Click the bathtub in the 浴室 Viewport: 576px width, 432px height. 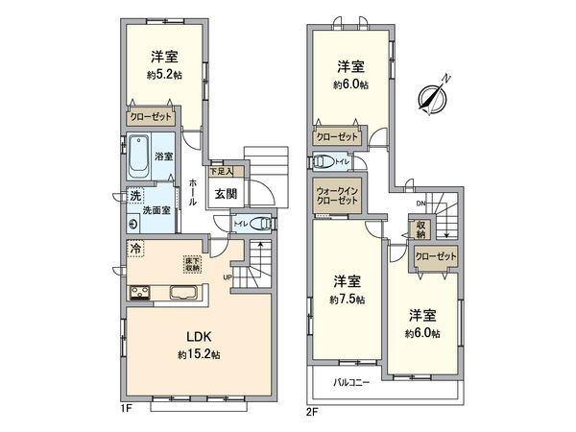pyautogui.click(x=140, y=156)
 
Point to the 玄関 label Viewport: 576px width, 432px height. pyautogui.click(x=226, y=194)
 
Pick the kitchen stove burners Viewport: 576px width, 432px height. pyautogui.click(x=140, y=293)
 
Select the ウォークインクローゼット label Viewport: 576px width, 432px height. pyautogui.click(x=338, y=197)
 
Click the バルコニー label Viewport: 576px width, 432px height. pyautogui.click(x=352, y=382)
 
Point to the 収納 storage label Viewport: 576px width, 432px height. pyautogui.click(x=420, y=230)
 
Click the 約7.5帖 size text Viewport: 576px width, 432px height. pyautogui.click(x=347, y=298)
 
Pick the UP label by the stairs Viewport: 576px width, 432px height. pyautogui.click(x=228, y=278)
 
